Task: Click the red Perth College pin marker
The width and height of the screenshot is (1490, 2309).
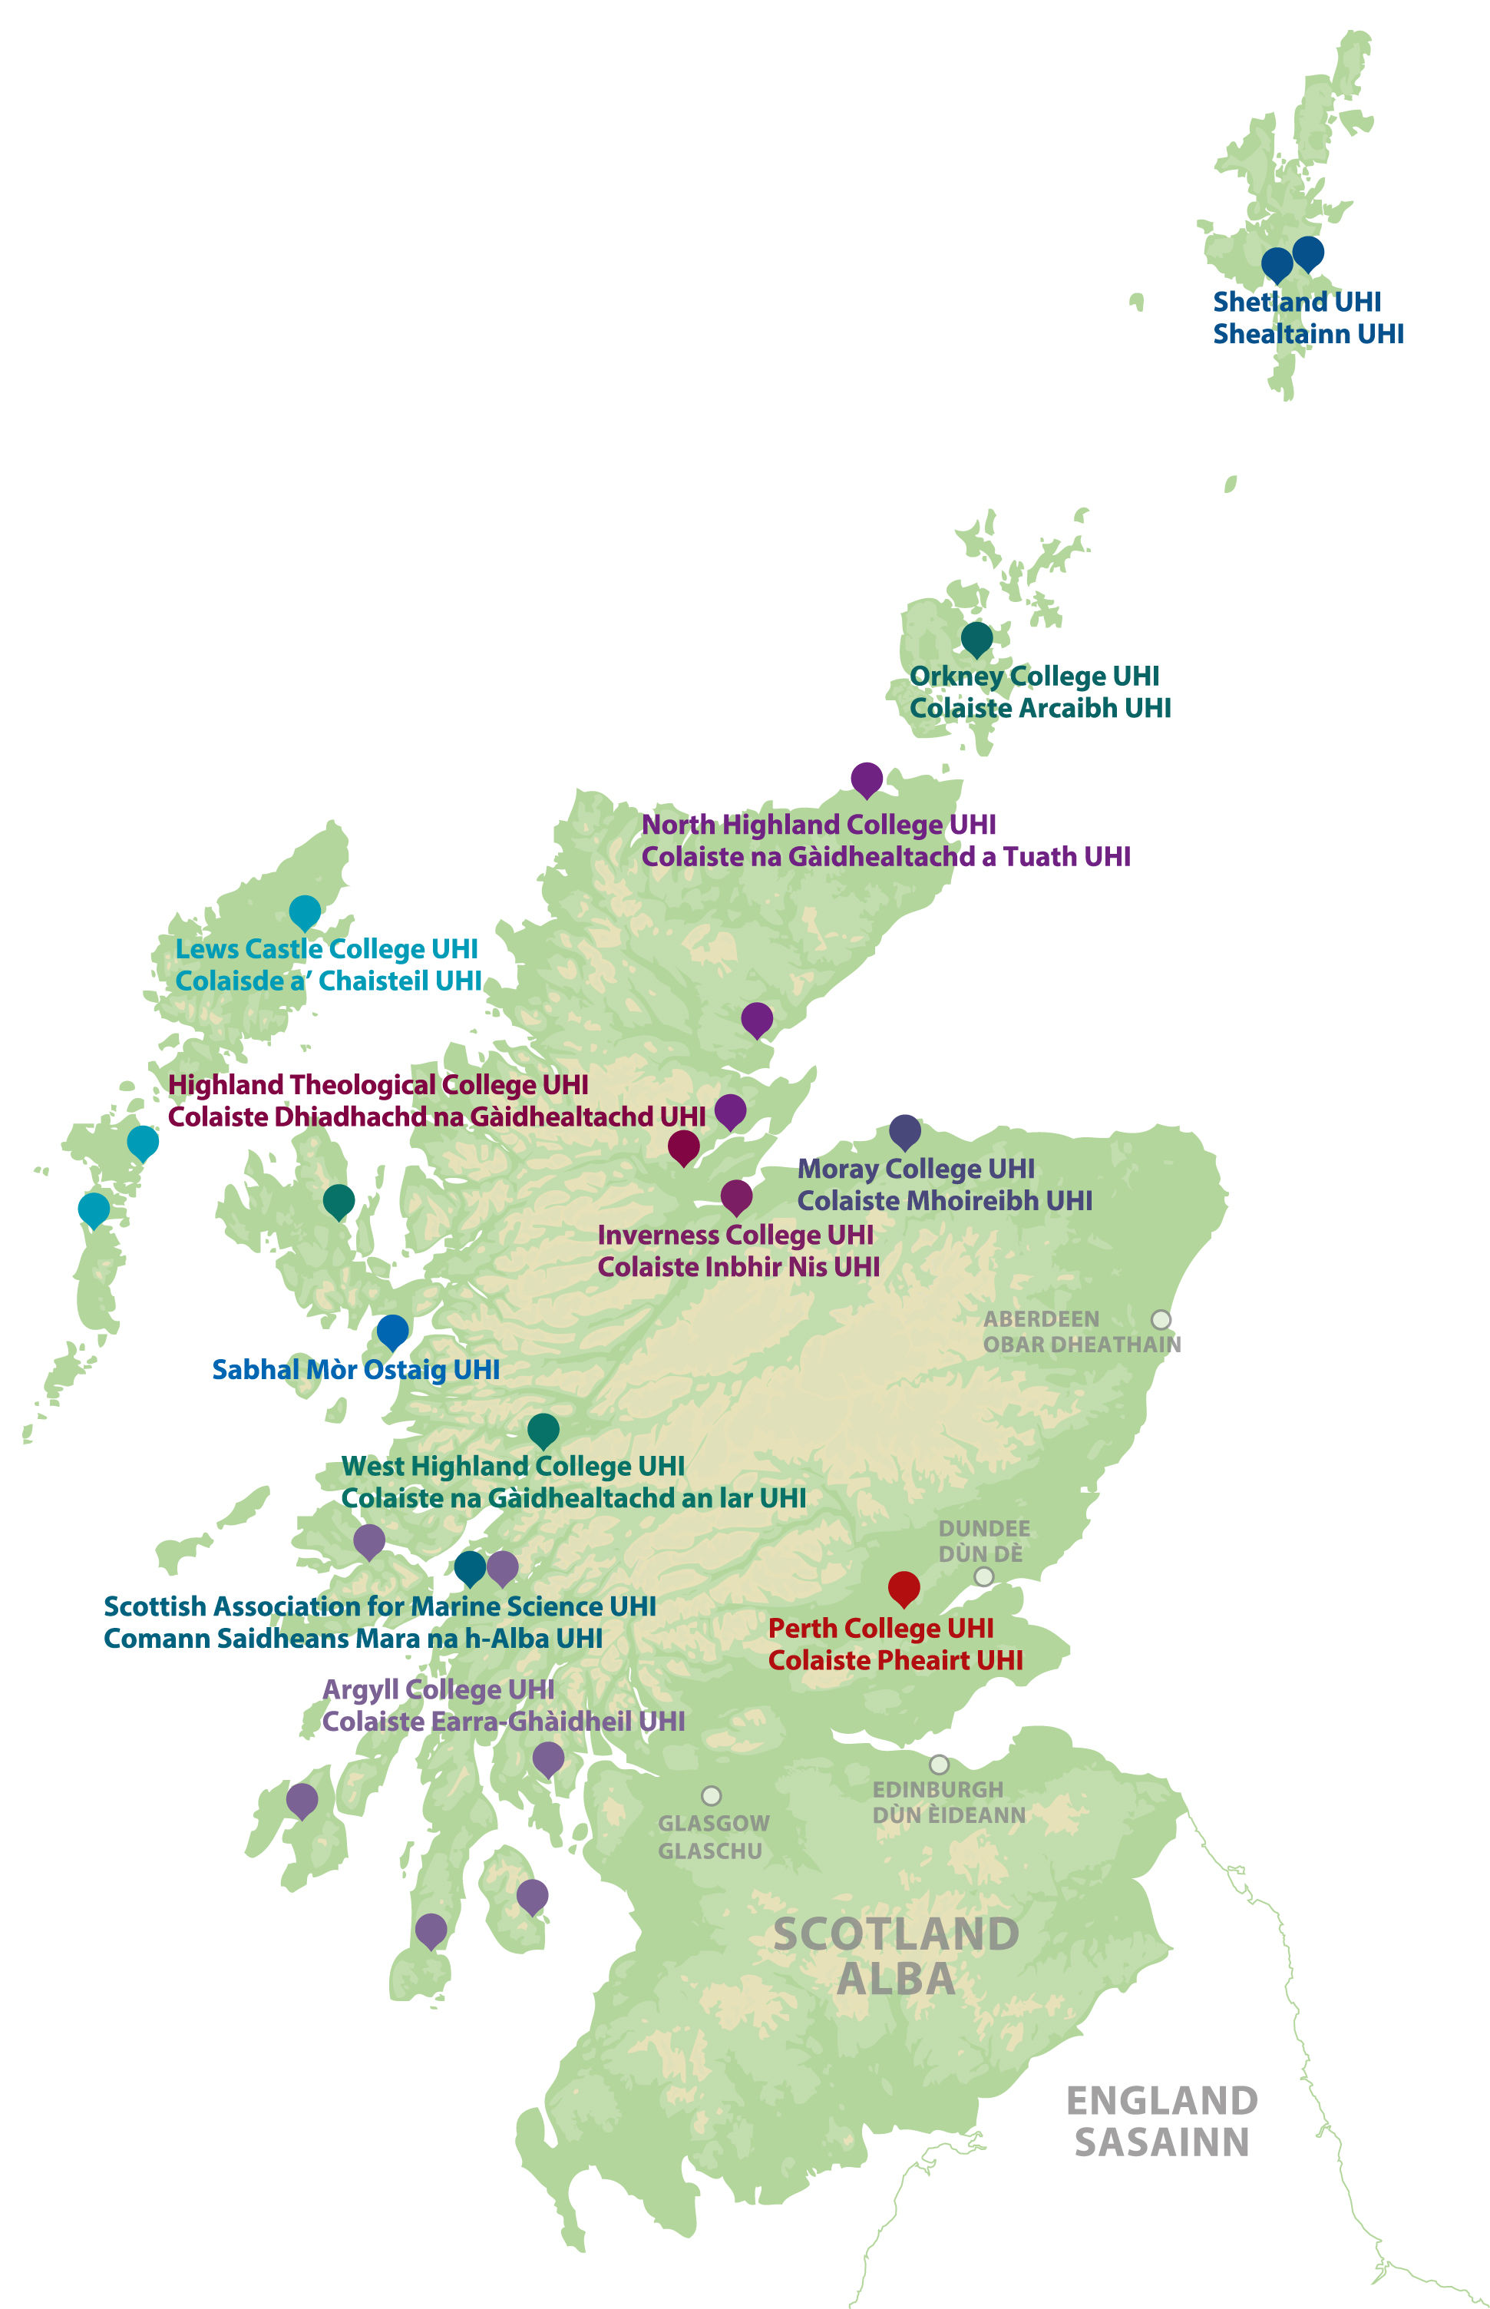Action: (904, 1587)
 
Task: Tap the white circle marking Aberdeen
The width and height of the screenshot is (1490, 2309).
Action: (1161, 1320)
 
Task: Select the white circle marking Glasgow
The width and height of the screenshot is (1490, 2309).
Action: (711, 1796)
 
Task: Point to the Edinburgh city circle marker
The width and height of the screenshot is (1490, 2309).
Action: (939, 1764)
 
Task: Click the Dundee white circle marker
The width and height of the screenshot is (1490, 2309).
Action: (983, 1576)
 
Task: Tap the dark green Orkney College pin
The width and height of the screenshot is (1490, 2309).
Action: (976, 638)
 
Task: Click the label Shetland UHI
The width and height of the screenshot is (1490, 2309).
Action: (1297, 302)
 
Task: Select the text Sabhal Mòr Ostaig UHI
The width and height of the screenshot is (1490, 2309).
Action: (355, 1371)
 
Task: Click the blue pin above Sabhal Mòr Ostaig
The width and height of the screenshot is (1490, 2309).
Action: (391, 1331)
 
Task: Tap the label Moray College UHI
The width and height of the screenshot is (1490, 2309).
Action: (915, 1169)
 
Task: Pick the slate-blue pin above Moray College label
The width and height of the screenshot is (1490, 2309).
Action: (904, 1130)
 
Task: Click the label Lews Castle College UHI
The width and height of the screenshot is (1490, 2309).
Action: (326, 949)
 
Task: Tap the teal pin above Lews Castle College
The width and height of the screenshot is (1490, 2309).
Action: (305, 911)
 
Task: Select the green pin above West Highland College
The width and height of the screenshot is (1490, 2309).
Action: (543, 1428)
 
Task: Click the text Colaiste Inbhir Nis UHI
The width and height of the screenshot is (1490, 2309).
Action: (738, 1267)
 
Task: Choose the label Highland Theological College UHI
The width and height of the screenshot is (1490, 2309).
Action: (378, 1085)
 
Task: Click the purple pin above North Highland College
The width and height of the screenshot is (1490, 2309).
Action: (866, 777)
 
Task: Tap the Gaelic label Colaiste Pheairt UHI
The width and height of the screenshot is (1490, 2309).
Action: (895, 1661)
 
